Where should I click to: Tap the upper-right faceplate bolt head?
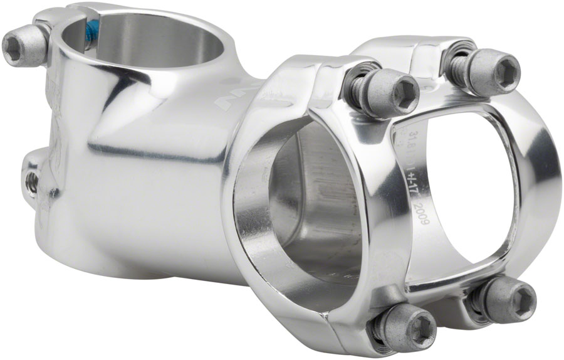[493, 70]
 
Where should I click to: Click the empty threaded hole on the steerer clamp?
[32, 181]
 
